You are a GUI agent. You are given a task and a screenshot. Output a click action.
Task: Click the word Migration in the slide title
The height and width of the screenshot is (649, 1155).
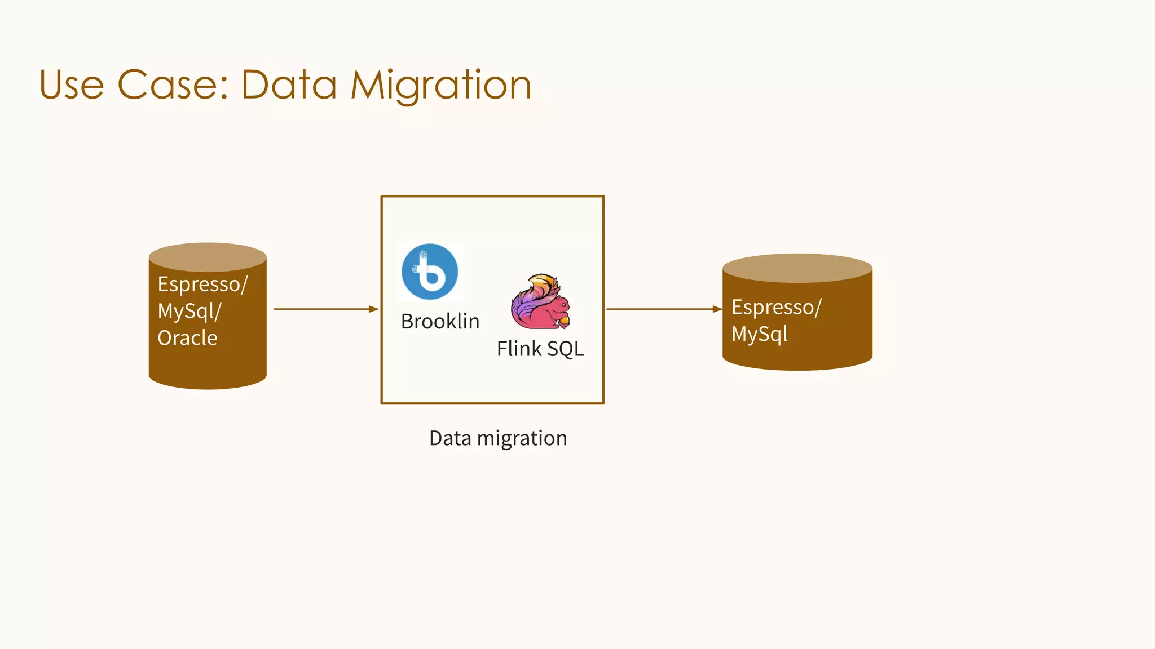[x=441, y=85]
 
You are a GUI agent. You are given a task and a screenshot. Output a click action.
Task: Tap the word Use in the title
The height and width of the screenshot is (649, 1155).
[x=72, y=85]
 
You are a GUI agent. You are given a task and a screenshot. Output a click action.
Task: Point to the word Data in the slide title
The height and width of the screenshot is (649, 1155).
[x=289, y=85]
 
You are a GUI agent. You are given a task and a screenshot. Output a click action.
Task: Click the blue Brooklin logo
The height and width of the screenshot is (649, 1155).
[x=430, y=272]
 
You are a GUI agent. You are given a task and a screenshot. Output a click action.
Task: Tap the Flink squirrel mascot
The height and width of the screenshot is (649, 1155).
[x=540, y=302]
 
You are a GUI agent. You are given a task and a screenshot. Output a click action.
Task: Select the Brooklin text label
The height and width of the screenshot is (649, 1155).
[x=440, y=321]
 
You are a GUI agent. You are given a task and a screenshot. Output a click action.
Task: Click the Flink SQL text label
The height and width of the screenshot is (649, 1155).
[x=540, y=349]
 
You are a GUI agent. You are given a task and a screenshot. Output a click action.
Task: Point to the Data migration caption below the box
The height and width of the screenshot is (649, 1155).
[x=498, y=438]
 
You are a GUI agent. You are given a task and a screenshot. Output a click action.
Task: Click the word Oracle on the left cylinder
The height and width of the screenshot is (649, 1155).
[x=187, y=338]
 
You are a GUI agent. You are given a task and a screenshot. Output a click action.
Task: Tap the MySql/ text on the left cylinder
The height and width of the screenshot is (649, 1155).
[x=189, y=311]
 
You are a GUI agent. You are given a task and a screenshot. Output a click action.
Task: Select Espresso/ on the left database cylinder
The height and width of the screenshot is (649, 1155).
[x=202, y=284]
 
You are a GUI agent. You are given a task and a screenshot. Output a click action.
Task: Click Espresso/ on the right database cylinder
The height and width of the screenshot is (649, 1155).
[x=777, y=307]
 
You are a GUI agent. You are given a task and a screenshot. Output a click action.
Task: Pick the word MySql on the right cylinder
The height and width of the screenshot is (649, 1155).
[x=759, y=334]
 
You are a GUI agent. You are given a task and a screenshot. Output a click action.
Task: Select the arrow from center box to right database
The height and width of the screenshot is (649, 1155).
[x=663, y=309]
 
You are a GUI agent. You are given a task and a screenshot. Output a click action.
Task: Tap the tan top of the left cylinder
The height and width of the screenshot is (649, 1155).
[x=208, y=257]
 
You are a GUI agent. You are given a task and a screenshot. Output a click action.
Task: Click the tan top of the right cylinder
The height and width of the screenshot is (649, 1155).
[x=797, y=268]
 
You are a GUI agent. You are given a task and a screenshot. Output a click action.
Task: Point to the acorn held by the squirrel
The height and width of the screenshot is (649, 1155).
[x=564, y=322]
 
